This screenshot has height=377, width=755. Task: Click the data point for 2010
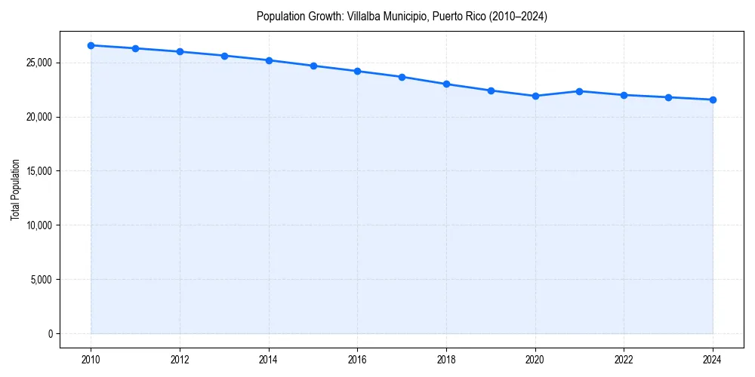click(91, 45)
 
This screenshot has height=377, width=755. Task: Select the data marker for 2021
click(579, 91)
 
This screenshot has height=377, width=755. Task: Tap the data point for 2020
click(535, 96)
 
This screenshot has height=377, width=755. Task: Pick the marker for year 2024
click(713, 100)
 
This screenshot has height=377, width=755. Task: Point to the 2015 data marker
click(313, 66)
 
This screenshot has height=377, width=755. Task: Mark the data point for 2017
click(402, 77)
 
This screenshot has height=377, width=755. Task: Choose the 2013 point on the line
click(224, 56)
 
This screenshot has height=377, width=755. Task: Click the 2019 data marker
click(491, 90)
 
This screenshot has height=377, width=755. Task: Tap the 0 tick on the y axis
click(49, 334)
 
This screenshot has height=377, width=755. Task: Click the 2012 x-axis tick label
click(180, 359)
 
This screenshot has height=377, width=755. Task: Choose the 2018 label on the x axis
click(446, 359)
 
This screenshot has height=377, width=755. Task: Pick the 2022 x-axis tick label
click(624, 359)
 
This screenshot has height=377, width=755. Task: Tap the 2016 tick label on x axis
click(357, 359)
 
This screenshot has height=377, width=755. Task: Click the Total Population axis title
click(15, 189)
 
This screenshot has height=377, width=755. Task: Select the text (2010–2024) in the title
click(519, 16)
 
